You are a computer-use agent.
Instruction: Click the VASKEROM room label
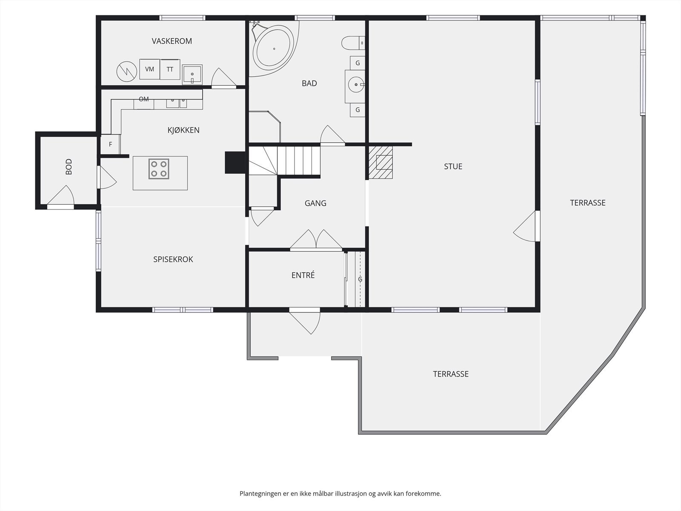(172, 41)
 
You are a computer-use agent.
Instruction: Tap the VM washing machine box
(149, 69)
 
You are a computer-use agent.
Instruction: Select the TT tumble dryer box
(170, 69)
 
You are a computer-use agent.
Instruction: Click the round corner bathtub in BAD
(273, 49)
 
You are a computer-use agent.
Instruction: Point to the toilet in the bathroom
(353, 43)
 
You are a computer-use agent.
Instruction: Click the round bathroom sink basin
(356, 84)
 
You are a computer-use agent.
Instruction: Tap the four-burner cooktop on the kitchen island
(159, 169)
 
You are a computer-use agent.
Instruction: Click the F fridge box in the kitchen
(110, 144)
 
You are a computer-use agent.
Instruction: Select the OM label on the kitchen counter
(143, 99)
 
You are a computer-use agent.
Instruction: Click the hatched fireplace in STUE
(381, 163)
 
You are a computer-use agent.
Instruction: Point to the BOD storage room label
(69, 167)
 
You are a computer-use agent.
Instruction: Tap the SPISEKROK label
(173, 259)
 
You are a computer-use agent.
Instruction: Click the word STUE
(453, 167)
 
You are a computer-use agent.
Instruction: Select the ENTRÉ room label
(303, 275)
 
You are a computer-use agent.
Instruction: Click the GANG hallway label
(315, 203)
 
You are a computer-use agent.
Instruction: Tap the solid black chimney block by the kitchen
(235, 163)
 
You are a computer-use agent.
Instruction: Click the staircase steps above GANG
(284, 161)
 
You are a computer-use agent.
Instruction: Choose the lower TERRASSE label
(450, 374)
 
